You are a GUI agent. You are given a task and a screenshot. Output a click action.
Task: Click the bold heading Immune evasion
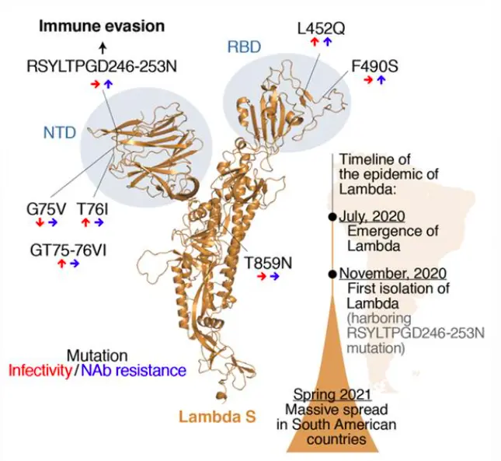[x=103, y=26]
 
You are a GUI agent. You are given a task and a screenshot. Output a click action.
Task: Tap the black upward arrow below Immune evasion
[x=103, y=47]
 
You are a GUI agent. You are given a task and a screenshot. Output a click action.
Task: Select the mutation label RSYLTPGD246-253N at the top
[x=100, y=66]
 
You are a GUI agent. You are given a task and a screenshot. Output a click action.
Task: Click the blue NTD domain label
[x=60, y=133]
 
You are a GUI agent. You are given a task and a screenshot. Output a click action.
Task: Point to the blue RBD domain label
[x=243, y=47]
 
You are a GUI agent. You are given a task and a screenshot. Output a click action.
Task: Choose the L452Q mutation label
[x=322, y=29]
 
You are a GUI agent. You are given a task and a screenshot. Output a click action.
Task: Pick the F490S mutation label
[x=374, y=67]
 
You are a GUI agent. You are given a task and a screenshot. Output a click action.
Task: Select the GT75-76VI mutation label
[x=67, y=250]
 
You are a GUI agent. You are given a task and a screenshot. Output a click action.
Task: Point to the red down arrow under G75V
[x=40, y=223]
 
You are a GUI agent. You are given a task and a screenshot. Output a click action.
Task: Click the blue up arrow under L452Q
[x=328, y=42]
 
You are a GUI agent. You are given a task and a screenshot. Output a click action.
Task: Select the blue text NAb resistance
[x=134, y=371]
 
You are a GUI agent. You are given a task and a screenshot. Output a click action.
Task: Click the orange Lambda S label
[x=217, y=417]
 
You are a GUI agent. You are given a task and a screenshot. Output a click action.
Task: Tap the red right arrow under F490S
[x=367, y=80]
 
